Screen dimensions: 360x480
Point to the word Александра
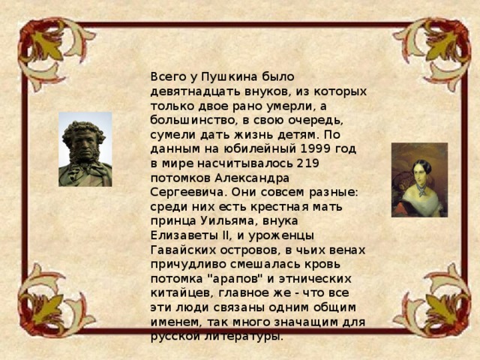pyautogui.click(x=247, y=178)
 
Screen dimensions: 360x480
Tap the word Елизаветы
pyautogui.click(x=180, y=235)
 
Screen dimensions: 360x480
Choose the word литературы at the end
pyautogui.click(x=243, y=336)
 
